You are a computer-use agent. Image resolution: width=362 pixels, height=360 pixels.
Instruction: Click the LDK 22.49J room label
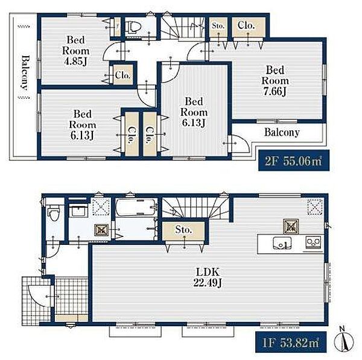pyautogui.click(x=208, y=277)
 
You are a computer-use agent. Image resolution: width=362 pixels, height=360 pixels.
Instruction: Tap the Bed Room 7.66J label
pyautogui.click(x=275, y=81)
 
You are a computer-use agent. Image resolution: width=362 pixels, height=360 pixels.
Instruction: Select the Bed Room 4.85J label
pyautogui.click(x=76, y=51)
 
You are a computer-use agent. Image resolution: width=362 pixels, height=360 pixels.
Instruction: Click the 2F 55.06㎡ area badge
pyautogui.click(x=294, y=160)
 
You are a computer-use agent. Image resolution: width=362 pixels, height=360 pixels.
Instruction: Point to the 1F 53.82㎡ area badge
pyautogui.click(x=291, y=342)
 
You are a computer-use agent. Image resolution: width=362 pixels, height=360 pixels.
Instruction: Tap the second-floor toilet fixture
pyautogui.click(x=133, y=27)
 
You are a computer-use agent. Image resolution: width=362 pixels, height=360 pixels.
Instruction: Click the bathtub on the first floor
pyautogui.click(x=136, y=207)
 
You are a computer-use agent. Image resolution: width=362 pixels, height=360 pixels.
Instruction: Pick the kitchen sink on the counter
pyautogui.click(x=282, y=244)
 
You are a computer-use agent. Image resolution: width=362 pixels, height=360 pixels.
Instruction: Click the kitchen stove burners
pyautogui.click(x=313, y=243)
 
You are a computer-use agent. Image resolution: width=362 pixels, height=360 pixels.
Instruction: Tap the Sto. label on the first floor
pyautogui.click(x=183, y=230)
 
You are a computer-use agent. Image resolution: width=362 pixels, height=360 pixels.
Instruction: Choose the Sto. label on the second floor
pyautogui.click(x=218, y=25)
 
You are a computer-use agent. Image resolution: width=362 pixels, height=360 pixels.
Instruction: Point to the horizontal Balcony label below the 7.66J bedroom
pyautogui.click(x=282, y=132)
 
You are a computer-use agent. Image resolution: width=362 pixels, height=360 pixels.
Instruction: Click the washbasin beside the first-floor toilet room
pyautogui.click(x=78, y=211)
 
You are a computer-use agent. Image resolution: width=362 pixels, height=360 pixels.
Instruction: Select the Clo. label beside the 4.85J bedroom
pyautogui.click(x=123, y=75)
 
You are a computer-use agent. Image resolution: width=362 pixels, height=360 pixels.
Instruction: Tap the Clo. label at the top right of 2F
pyautogui.click(x=246, y=25)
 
